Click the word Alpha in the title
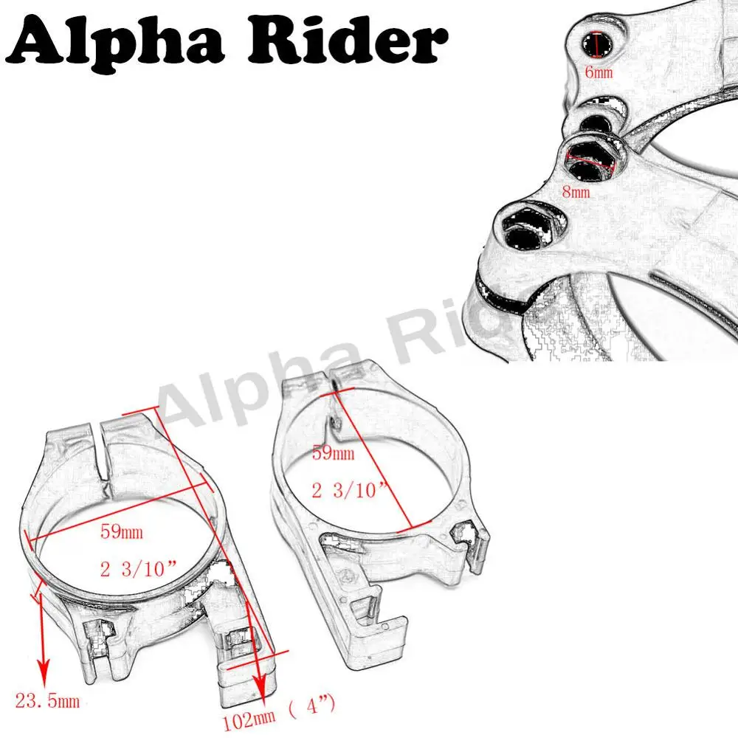[x=115, y=41]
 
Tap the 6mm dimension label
[x=599, y=72]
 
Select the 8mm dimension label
[x=576, y=192]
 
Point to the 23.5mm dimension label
[x=47, y=701]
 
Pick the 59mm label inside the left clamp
[x=122, y=531]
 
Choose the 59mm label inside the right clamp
[x=334, y=453]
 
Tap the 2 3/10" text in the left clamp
[x=139, y=568]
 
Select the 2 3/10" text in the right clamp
[x=349, y=490]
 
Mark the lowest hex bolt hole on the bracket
[x=526, y=230]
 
